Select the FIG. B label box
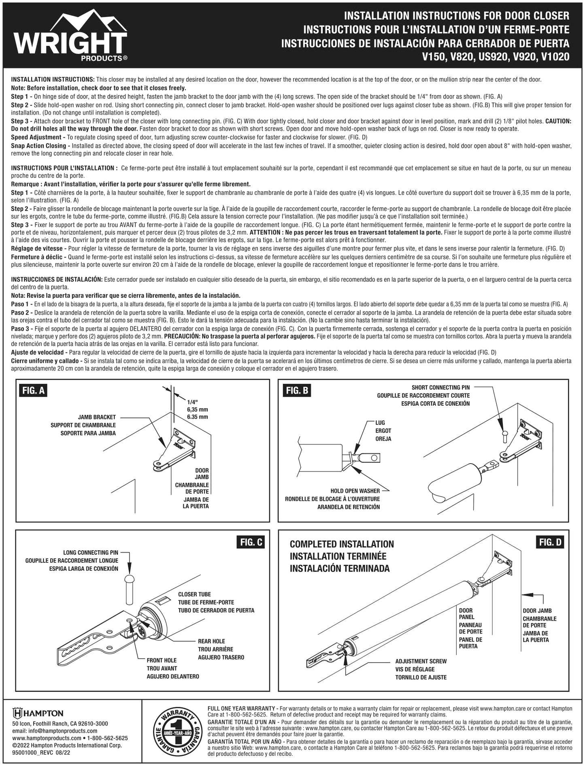(297, 390)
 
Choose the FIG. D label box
(550, 542)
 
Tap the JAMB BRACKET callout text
(97, 417)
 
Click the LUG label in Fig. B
(380, 423)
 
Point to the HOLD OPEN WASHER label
(355, 491)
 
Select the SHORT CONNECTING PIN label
(440, 387)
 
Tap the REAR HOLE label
(211, 641)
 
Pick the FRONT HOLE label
(162, 660)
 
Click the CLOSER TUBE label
(194, 594)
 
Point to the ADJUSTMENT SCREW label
(421, 661)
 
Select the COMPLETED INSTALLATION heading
(342, 544)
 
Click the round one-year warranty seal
(175, 733)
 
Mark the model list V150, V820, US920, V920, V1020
(496, 57)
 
